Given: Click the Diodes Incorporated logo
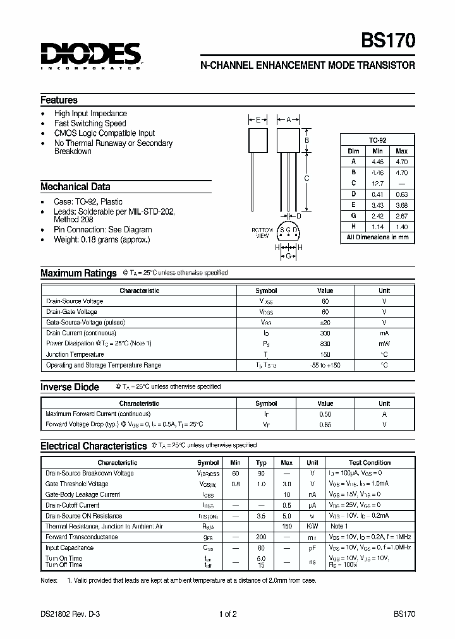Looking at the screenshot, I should [90, 56].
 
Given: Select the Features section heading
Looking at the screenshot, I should [59, 100].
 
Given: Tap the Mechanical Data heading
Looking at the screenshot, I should [75, 186].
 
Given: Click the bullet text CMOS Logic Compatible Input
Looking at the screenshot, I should [104, 133].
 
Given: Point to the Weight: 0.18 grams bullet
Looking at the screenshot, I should [102, 239].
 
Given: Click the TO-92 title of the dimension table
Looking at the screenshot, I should [377, 140].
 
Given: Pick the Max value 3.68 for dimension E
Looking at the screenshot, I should [401, 205].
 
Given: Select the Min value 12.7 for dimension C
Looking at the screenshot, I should [377, 183].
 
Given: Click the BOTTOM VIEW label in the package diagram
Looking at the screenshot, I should [263, 232].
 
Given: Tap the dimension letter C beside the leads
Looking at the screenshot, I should [306, 178].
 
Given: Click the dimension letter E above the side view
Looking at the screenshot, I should [258, 119].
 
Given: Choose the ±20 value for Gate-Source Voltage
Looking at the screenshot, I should [325, 322].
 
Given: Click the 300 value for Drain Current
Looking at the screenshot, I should [325, 333].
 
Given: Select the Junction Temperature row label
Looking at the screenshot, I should [75, 354].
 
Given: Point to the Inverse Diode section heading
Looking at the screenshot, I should [70, 387].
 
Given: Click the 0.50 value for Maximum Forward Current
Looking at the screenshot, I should [325, 414].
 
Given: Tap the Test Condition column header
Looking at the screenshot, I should [370, 463].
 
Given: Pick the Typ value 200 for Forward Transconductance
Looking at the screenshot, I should [262, 537].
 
